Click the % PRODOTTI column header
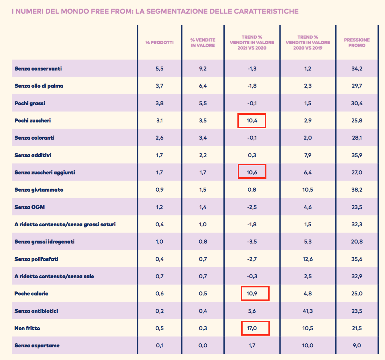(159, 42)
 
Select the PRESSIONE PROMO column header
(357, 42)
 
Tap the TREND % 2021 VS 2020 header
(252, 42)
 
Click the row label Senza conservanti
(38, 69)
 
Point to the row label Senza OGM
(30, 207)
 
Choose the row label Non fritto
(27, 328)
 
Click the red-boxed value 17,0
(252, 328)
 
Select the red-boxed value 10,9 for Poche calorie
(252, 293)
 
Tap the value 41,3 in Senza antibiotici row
(307, 311)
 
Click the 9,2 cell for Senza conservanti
(203, 69)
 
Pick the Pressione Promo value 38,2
(357, 190)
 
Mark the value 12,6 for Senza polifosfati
(307, 259)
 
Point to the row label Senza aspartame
(37, 345)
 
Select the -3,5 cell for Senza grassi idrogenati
(252, 242)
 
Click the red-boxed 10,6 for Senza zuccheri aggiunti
(252, 172)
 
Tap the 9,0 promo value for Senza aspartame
(357, 345)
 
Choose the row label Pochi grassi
(30, 103)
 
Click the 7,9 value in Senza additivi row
(307, 155)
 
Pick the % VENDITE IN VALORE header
(203, 42)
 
